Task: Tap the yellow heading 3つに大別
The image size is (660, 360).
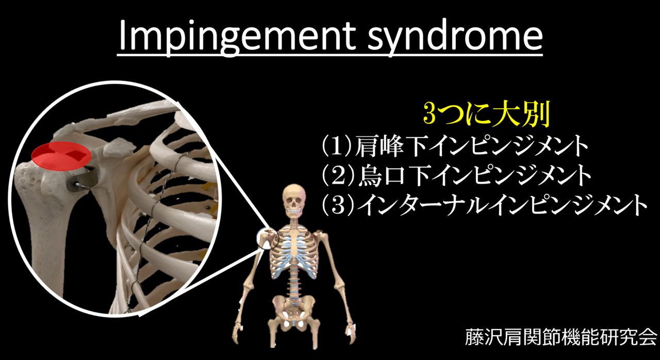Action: tap(486, 114)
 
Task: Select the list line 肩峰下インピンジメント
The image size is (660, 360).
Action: tap(469, 148)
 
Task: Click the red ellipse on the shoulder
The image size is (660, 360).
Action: tap(61, 156)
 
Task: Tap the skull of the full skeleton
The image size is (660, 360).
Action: tap(293, 201)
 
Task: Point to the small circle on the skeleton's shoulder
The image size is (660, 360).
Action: tap(268, 239)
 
